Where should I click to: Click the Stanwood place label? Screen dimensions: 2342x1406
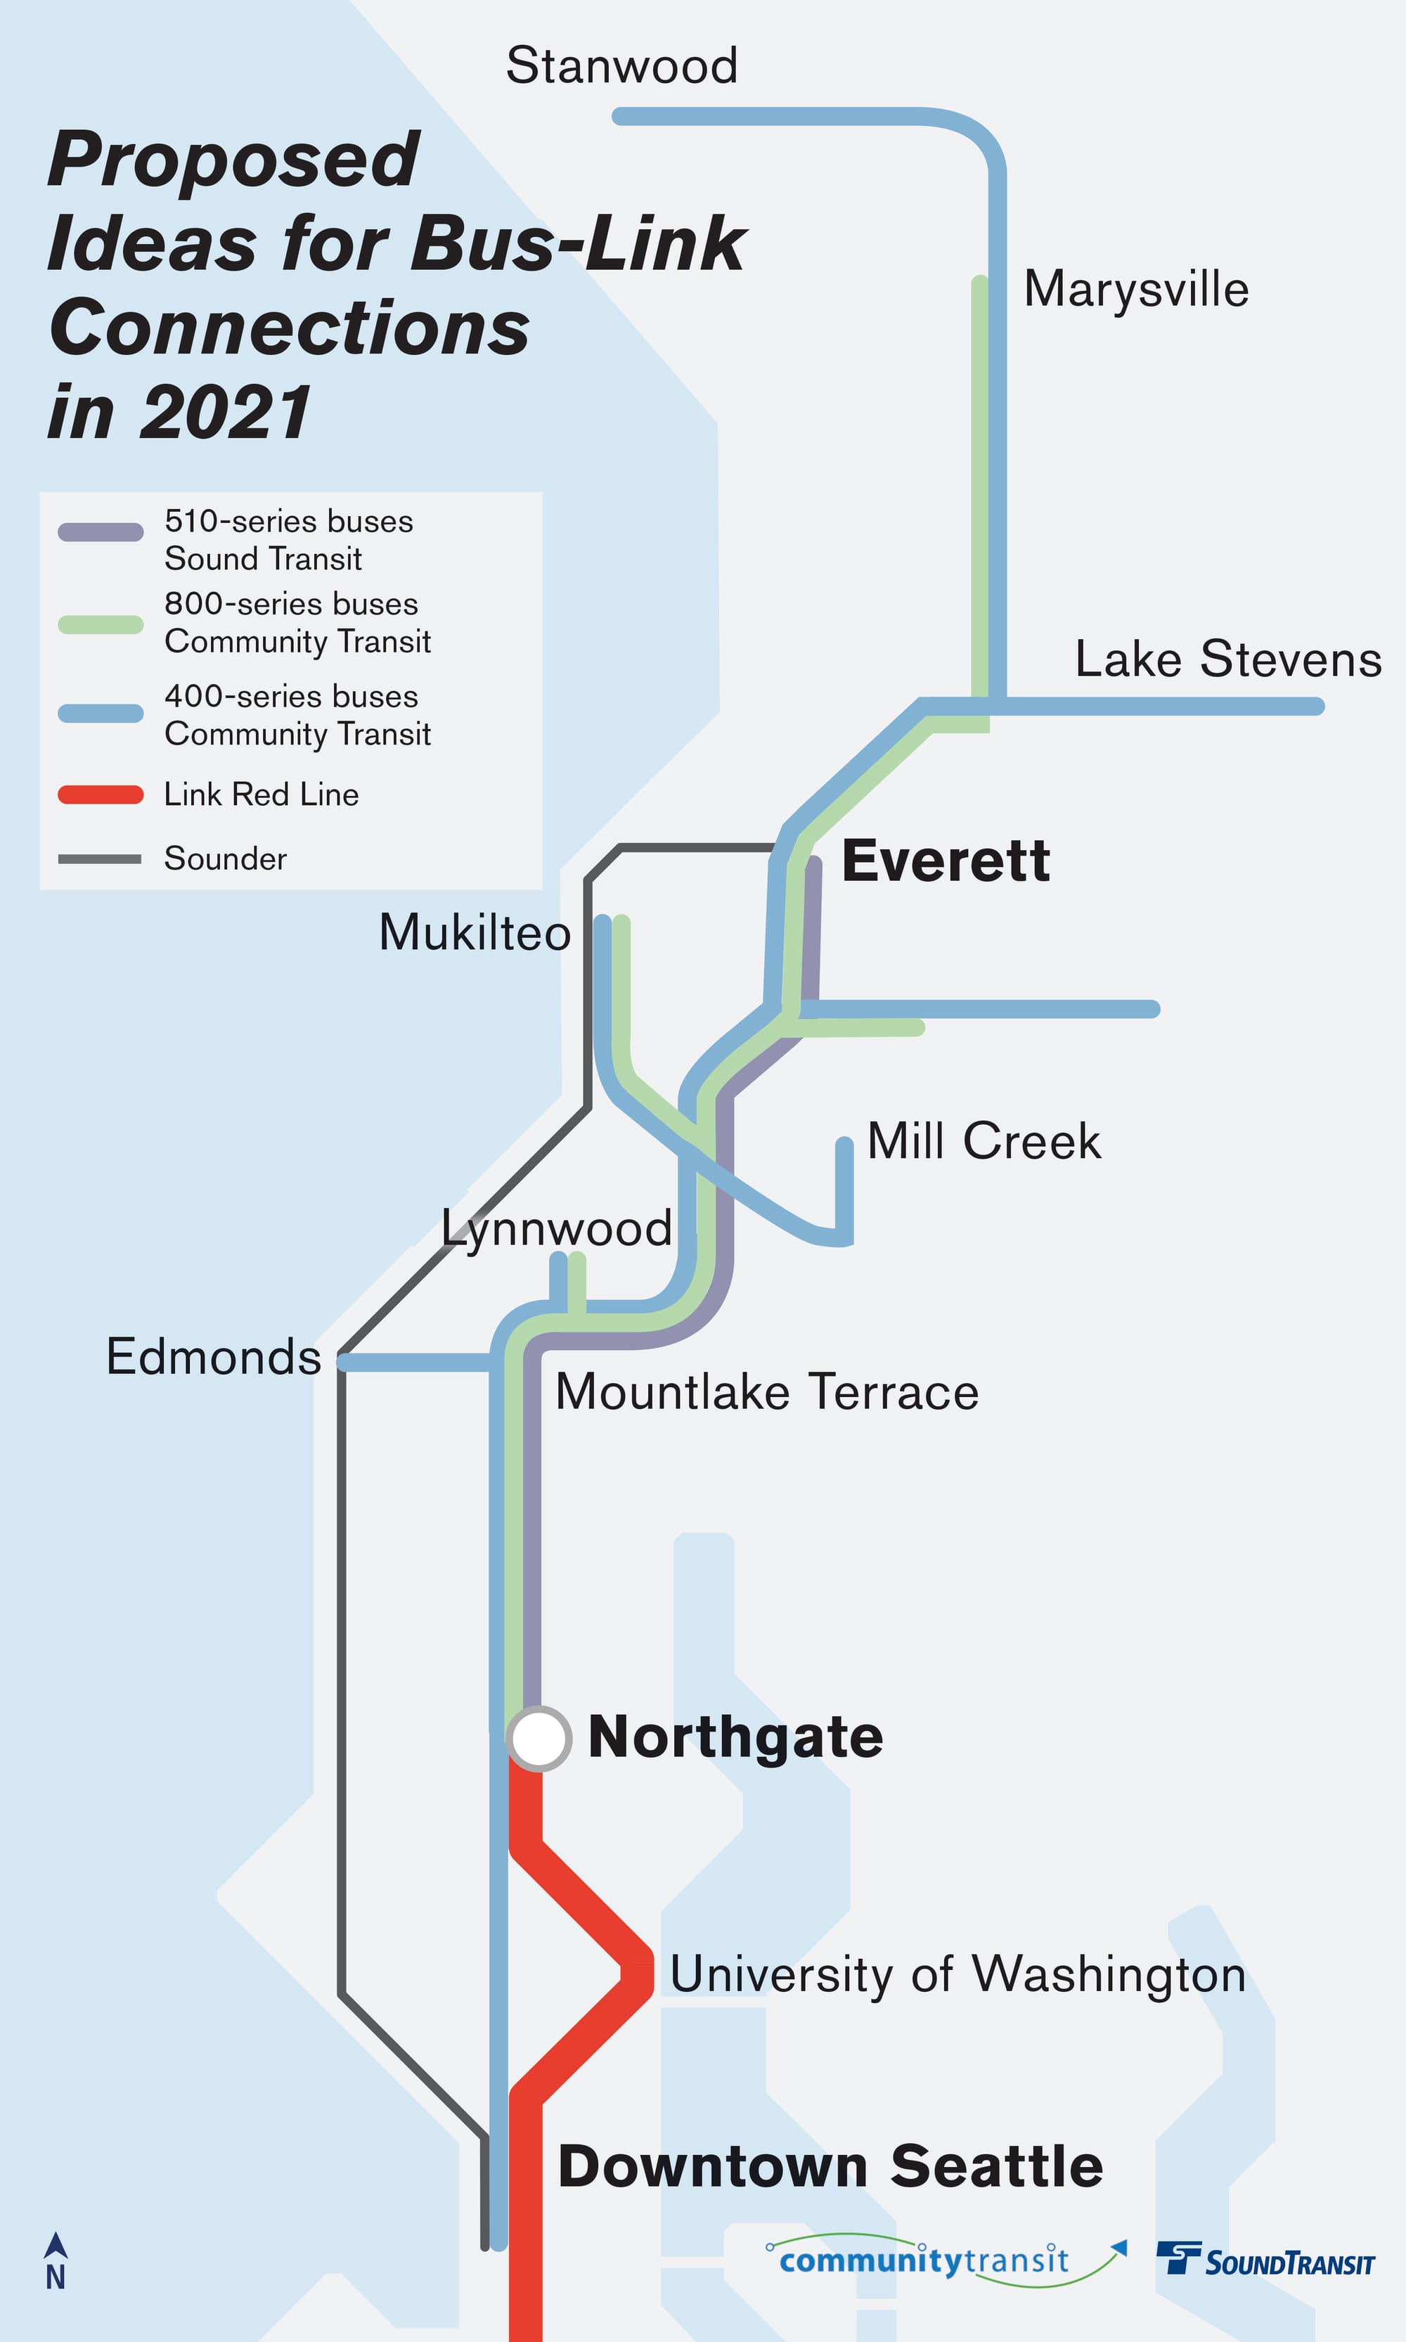tap(621, 66)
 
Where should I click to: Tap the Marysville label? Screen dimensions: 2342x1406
tap(1135, 289)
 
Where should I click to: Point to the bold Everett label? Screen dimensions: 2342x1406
tap(945, 861)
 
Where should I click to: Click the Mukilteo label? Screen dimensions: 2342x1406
tap(475, 933)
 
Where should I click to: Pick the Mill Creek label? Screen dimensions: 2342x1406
tap(983, 1140)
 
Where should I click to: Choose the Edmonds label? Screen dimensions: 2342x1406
tap(213, 1357)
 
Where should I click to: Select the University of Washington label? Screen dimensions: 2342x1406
tap(957, 1974)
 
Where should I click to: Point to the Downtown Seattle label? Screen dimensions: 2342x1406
tap(830, 2167)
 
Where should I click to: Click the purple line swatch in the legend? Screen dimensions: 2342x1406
tap(101, 532)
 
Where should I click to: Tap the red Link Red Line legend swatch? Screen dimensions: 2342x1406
tap(101, 795)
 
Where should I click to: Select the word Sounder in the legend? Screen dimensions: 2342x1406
tap(226, 859)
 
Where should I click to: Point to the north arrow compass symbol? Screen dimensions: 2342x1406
tap(56, 2260)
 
